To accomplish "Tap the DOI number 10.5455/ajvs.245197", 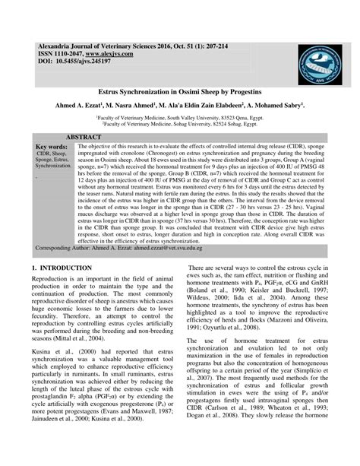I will click(x=84, y=63).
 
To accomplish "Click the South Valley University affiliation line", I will click(x=179, y=118).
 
